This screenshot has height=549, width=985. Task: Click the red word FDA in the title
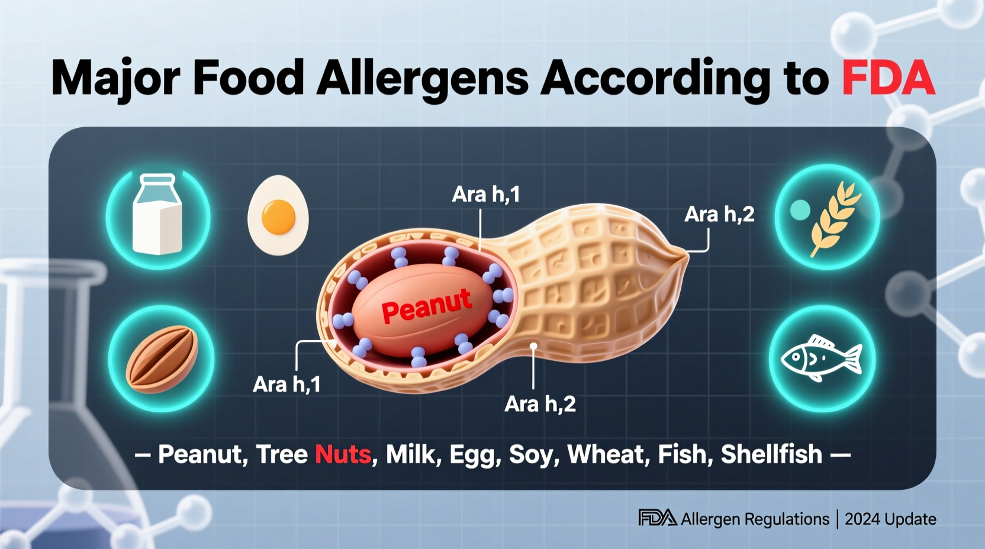pos(888,78)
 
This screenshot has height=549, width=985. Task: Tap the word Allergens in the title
pos(422,78)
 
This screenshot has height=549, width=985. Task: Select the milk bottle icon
pos(157,215)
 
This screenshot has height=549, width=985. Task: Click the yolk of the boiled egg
pos(278,217)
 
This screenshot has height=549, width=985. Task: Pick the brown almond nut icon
pos(162,359)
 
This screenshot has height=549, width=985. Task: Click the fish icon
pos(822,359)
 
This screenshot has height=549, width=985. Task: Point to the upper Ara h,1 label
pos(485,195)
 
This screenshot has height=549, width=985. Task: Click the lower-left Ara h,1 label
pos(287,385)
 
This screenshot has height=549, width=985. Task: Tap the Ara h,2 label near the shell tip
pos(719,214)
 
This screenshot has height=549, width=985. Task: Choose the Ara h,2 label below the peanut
pos(540,405)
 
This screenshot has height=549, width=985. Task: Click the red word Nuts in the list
pos(343,454)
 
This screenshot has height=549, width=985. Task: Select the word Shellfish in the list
pos(771,454)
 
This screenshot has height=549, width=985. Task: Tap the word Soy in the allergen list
pos(530,454)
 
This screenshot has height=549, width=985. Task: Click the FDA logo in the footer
pos(657,518)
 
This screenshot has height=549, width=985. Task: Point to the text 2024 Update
pos(890,519)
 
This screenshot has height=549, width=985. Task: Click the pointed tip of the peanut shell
pos(685,255)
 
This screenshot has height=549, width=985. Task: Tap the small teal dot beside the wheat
pos(800,209)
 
